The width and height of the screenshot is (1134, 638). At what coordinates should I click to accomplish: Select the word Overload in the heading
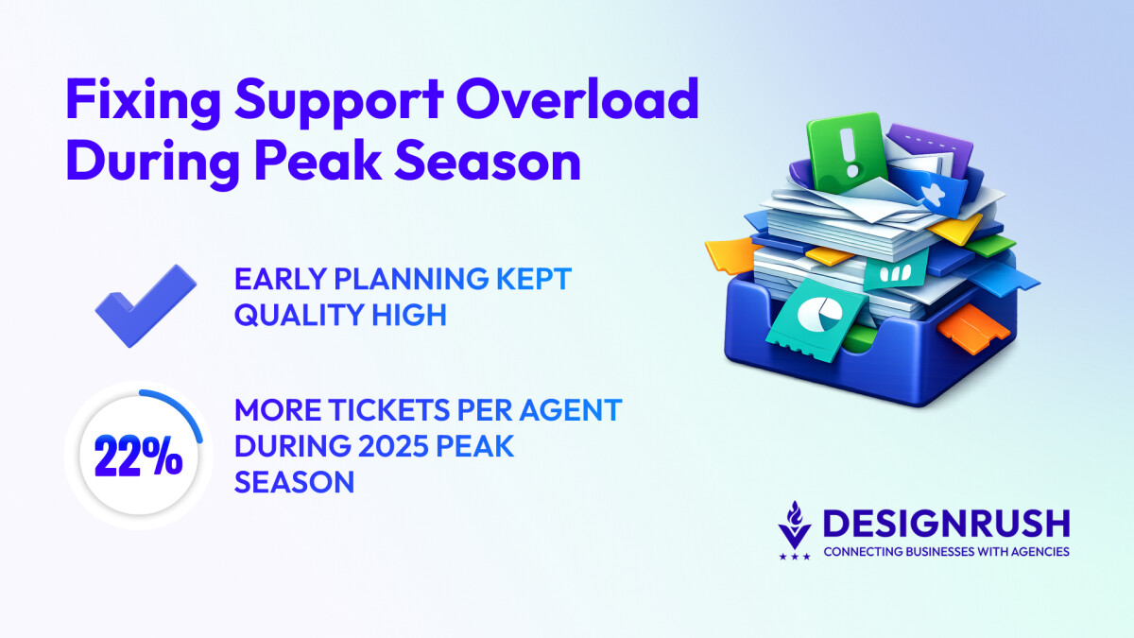point(577,98)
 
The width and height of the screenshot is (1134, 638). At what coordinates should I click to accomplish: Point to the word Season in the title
point(488,162)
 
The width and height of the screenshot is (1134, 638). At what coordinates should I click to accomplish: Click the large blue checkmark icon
point(146,305)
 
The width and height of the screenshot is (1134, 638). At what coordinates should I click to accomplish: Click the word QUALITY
point(299,315)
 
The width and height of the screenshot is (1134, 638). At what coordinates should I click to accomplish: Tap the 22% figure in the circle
point(138,457)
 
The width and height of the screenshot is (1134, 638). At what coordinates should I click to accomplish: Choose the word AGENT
point(571,409)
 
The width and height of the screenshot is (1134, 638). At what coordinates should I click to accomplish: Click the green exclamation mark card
point(847,152)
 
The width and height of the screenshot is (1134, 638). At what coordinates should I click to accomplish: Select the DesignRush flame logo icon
point(795,526)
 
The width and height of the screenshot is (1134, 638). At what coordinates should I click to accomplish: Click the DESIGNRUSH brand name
point(947,523)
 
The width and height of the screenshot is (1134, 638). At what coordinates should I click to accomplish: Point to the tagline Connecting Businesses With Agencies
point(947,551)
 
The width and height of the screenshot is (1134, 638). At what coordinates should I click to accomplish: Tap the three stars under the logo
point(795,557)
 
